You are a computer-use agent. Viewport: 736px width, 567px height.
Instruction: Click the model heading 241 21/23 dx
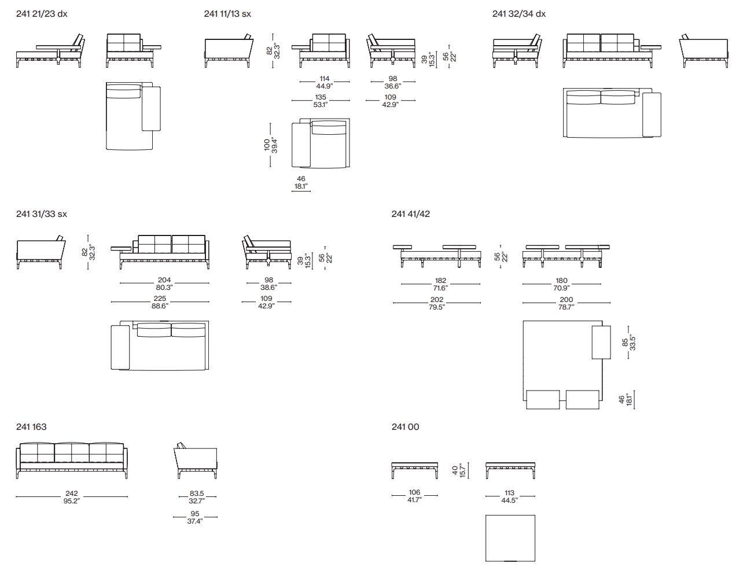coord(42,14)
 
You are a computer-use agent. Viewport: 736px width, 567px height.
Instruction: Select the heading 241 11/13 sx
coord(227,14)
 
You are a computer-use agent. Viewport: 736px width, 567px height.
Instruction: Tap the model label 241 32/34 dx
coord(519,14)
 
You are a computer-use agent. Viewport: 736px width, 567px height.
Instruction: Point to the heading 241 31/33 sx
coord(41,214)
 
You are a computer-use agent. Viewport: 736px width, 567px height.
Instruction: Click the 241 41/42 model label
coord(410,214)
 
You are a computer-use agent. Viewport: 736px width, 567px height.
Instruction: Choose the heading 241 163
coord(31,427)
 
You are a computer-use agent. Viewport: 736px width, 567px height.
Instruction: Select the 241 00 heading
coord(405,427)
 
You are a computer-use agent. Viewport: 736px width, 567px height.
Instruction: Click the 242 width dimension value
coord(72,494)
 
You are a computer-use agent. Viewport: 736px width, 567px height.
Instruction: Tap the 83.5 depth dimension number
coord(197,494)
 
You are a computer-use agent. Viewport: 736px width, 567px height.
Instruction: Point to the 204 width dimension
coord(164,280)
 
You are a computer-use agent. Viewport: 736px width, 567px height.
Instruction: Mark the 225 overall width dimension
coord(160,299)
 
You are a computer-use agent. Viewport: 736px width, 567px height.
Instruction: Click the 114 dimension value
coord(325,79)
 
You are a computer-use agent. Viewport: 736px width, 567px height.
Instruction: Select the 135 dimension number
coord(321,97)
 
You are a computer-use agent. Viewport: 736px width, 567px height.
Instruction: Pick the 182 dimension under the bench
coord(440,281)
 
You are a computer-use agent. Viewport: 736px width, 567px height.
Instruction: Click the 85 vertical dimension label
coord(625,343)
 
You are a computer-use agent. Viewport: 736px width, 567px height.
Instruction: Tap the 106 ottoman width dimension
coord(414,492)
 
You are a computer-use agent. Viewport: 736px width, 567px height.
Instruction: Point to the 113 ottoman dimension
coord(509,493)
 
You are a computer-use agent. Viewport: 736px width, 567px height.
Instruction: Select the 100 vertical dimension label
coord(267,145)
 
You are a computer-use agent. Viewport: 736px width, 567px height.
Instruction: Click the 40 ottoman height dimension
coord(455,470)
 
